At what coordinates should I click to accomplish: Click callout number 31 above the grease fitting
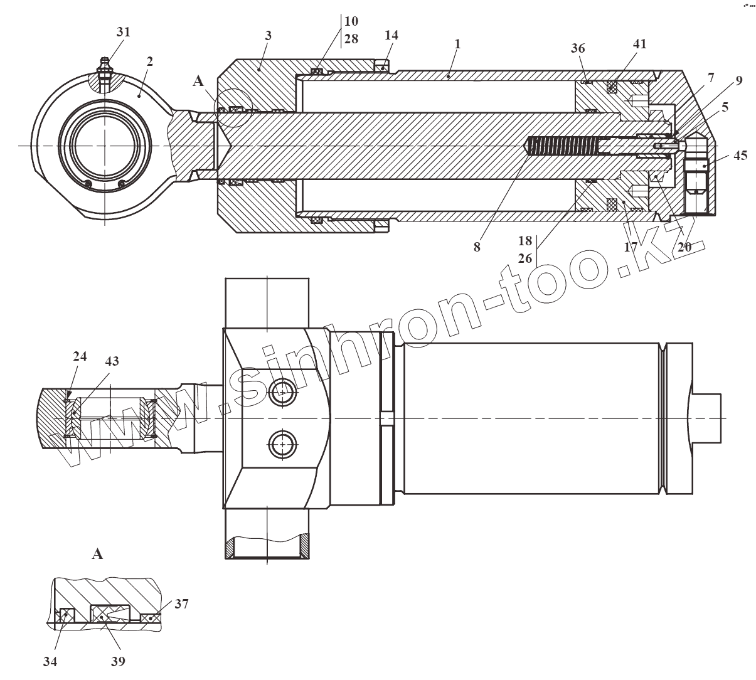[124, 32]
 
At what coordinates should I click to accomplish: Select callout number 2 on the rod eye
[149, 61]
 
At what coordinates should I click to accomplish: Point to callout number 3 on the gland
[268, 36]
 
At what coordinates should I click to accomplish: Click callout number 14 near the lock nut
[391, 35]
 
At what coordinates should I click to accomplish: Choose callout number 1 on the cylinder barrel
[458, 44]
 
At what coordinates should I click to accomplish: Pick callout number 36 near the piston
[578, 49]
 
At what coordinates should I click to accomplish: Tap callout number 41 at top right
[639, 44]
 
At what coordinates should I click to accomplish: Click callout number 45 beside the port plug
[740, 155]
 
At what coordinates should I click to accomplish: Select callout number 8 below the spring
[477, 247]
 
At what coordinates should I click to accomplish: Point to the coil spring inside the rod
[562, 147]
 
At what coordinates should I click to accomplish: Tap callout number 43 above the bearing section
[112, 361]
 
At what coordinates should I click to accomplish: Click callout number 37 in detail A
[181, 604]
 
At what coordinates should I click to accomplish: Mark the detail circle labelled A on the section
[232, 109]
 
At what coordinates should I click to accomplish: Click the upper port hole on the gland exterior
[283, 393]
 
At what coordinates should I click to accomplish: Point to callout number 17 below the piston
[631, 247]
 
